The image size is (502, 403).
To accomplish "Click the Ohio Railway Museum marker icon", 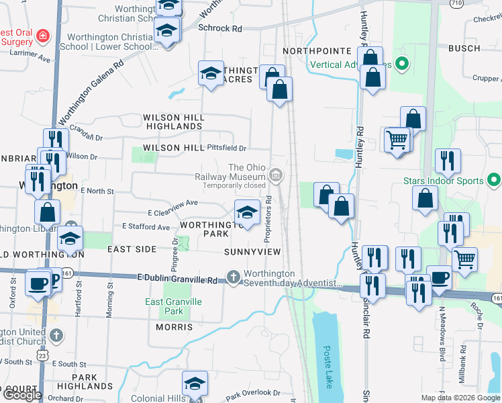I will click(275, 176).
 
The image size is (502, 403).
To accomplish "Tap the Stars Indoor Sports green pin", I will click(494, 181).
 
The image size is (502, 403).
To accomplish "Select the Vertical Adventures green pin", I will click(402, 65).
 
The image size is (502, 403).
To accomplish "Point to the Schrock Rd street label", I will click(220, 29).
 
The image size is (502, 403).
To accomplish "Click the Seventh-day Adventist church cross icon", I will click(234, 277).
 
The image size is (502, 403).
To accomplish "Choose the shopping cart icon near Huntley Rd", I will click(397, 140).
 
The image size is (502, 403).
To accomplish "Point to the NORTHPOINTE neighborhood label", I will click(317, 51).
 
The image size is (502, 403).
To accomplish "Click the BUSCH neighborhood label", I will click(464, 48).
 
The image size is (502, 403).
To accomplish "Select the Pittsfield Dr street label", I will click(227, 148).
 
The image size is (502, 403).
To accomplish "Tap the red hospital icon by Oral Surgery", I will click(43, 35).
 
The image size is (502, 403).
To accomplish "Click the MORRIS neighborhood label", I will click(174, 327).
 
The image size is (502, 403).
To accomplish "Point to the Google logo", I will click(22, 395).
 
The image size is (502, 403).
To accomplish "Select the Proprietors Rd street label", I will click(267, 219).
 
